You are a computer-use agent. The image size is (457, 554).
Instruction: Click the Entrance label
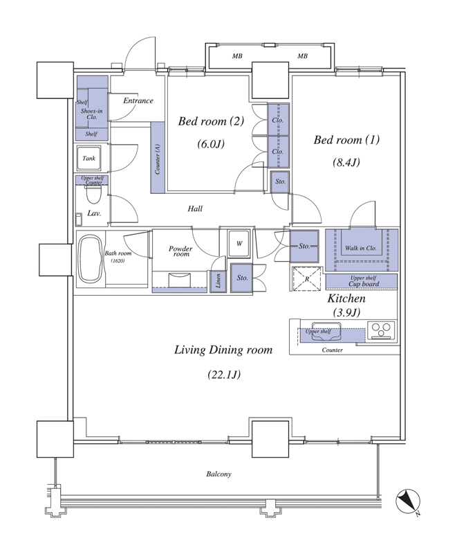(x=138, y=100)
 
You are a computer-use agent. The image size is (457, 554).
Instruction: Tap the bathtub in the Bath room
(x=90, y=259)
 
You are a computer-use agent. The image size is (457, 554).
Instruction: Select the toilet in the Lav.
(x=93, y=195)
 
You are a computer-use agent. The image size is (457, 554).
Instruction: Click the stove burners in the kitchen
(x=381, y=330)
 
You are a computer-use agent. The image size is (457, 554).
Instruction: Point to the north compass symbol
(x=408, y=501)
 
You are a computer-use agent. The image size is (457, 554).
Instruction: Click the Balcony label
(x=218, y=474)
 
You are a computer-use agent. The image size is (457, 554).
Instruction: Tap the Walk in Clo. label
(x=360, y=249)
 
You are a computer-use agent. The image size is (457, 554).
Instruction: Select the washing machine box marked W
(x=239, y=244)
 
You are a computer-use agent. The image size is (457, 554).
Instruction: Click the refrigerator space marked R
(x=307, y=279)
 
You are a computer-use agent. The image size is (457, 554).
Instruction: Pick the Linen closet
(x=218, y=281)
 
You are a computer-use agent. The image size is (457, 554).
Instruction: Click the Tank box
(x=89, y=158)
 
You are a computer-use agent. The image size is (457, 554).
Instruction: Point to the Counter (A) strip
(x=158, y=158)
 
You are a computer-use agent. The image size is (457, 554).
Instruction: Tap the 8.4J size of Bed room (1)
(x=346, y=162)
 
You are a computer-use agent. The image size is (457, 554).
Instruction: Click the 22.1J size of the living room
(x=224, y=374)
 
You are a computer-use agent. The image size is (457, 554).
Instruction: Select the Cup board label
(x=364, y=284)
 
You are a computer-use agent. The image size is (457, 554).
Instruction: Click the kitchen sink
(x=326, y=332)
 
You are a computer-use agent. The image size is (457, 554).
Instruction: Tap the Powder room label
(x=180, y=251)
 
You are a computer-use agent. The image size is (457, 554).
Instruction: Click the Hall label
(x=195, y=209)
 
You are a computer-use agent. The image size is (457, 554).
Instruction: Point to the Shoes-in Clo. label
(x=92, y=114)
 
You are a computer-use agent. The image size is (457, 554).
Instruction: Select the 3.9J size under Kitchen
(x=346, y=312)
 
